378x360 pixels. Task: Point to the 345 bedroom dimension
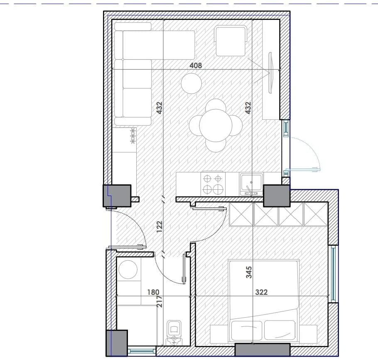click(249, 272)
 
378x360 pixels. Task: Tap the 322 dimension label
click(261, 292)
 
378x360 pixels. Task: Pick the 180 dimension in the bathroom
click(153, 292)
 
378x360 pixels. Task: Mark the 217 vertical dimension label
click(160, 301)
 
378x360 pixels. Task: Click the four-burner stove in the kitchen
click(212, 184)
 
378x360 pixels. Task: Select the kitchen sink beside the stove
click(251, 184)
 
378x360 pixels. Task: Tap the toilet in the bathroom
click(174, 332)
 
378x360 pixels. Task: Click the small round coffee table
click(191, 83)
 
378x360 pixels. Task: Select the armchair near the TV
click(231, 40)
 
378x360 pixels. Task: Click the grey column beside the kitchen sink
click(276, 196)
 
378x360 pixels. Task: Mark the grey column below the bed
click(262, 350)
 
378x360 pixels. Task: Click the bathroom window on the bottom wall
click(141, 350)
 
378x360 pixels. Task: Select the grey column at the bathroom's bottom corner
click(116, 343)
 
